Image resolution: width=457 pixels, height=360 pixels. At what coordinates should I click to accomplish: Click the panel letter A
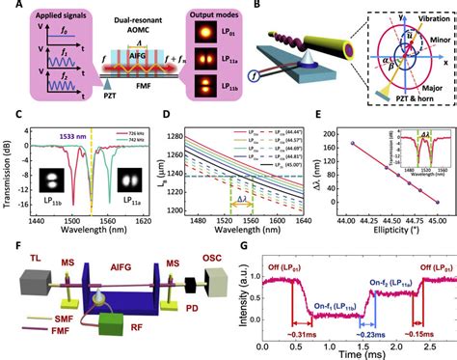point(7,7)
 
